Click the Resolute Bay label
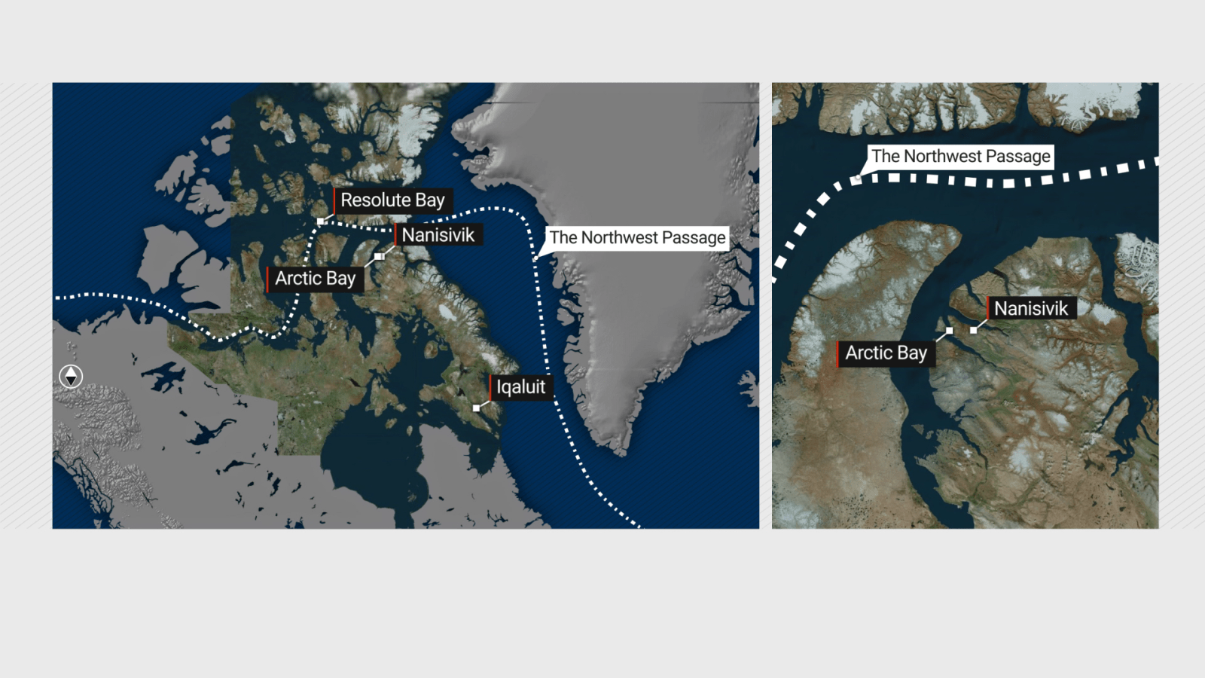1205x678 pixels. pos(392,200)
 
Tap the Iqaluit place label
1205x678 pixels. pos(520,387)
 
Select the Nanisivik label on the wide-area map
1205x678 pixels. pos(438,235)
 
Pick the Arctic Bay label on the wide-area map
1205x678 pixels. pos(315,279)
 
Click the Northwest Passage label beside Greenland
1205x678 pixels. pos(637,238)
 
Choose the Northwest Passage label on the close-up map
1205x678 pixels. pos(960,157)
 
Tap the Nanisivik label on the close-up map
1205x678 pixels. pos(1030,308)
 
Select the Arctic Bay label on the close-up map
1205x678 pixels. pos(886,353)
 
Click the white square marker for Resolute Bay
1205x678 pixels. pos(321,221)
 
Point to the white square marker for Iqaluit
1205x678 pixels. pos(476,408)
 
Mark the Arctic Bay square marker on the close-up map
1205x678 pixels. pos(949,331)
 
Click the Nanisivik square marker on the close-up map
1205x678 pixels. pos(974,330)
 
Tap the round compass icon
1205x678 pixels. pos(71,376)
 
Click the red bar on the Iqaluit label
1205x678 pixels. pos(490,387)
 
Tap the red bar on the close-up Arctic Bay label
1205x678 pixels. pos(838,353)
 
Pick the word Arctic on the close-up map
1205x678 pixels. pos(868,353)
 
